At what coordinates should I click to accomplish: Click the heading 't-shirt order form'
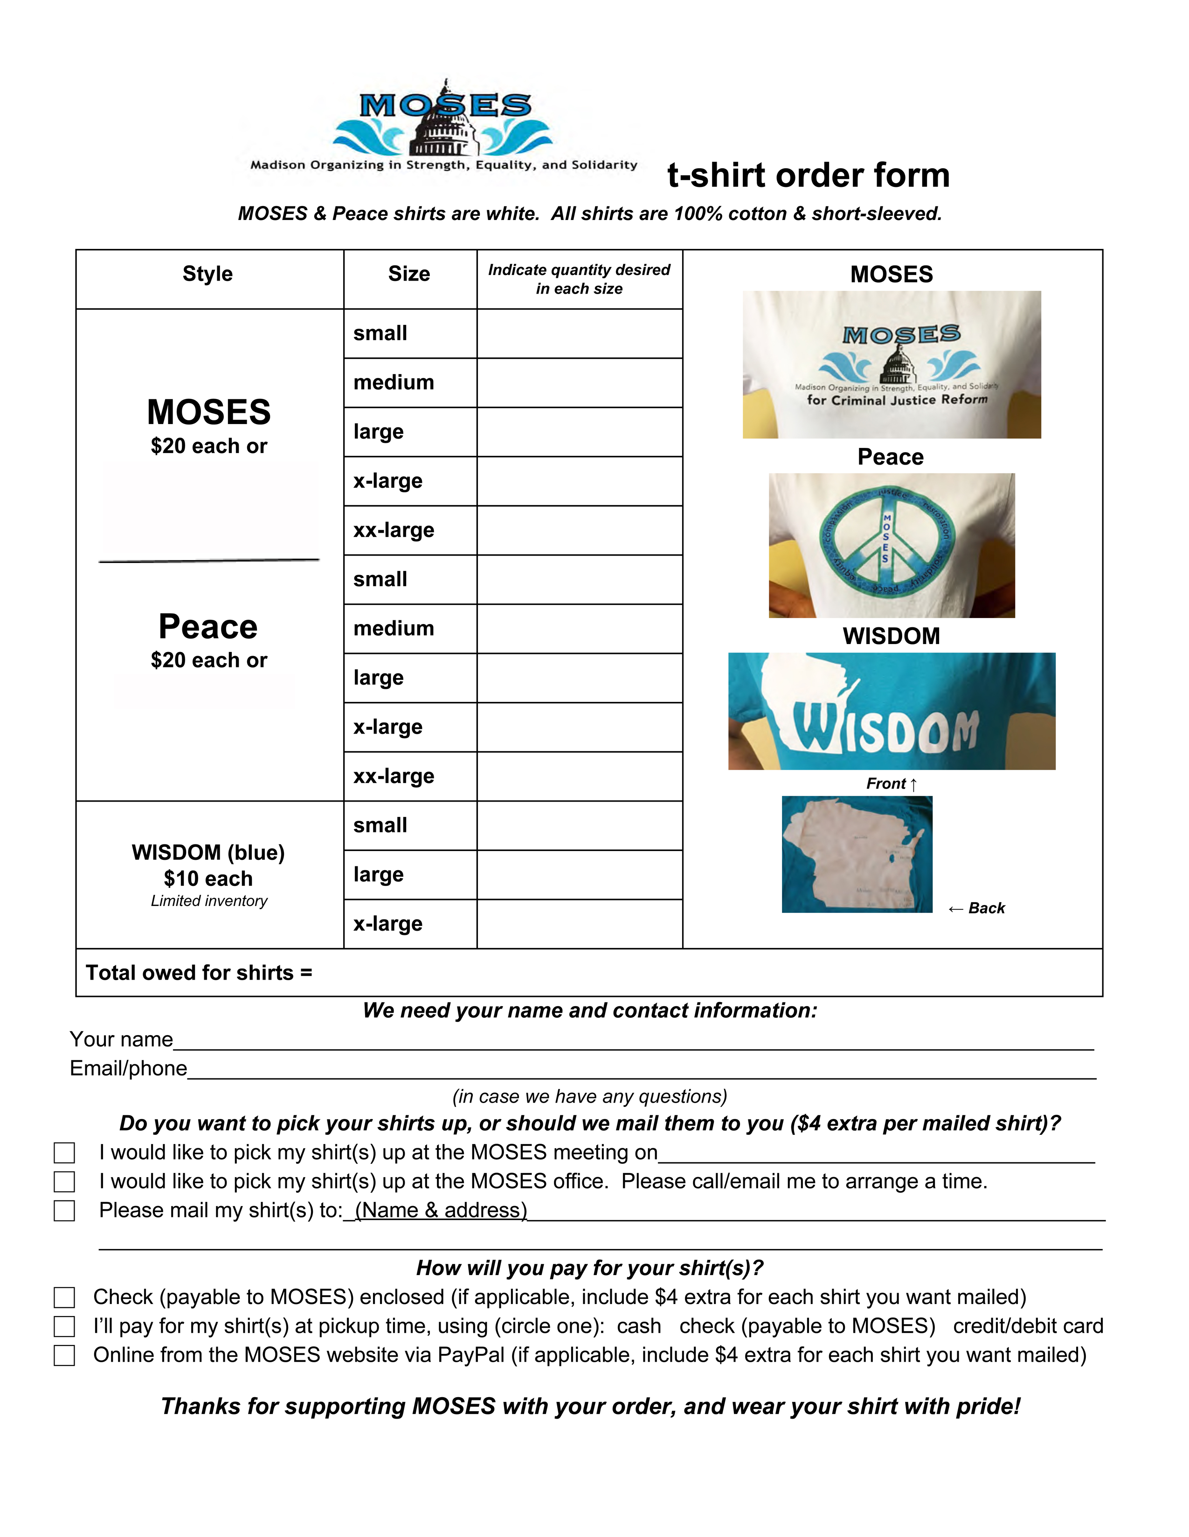pyautogui.click(x=808, y=175)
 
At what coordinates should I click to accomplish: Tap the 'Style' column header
pyautogui.click(x=207, y=274)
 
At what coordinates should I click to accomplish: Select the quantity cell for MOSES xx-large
pyautogui.click(x=580, y=530)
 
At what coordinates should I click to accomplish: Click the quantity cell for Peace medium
pyautogui.click(x=580, y=628)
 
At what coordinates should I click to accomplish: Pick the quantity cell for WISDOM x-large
pyautogui.click(x=580, y=923)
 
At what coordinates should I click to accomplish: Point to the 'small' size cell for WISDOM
pyautogui.click(x=410, y=825)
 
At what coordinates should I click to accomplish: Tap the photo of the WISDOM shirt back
pyautogui.click(x=857, y=854)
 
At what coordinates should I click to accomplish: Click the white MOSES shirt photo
pyautogui.click(x=891, y=364)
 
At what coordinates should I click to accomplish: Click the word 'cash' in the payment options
pyautogui.click(x=638, y=1326)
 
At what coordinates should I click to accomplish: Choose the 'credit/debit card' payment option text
pyautogui.click(x=1028, y=1326)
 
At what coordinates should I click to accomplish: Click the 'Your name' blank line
pyautogui.click(x=634, y=1042)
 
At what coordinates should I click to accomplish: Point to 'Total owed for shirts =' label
pyautogui.click(x=199, y=973)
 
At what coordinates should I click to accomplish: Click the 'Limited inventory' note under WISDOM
pyautogui.click(x=209, y=901)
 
